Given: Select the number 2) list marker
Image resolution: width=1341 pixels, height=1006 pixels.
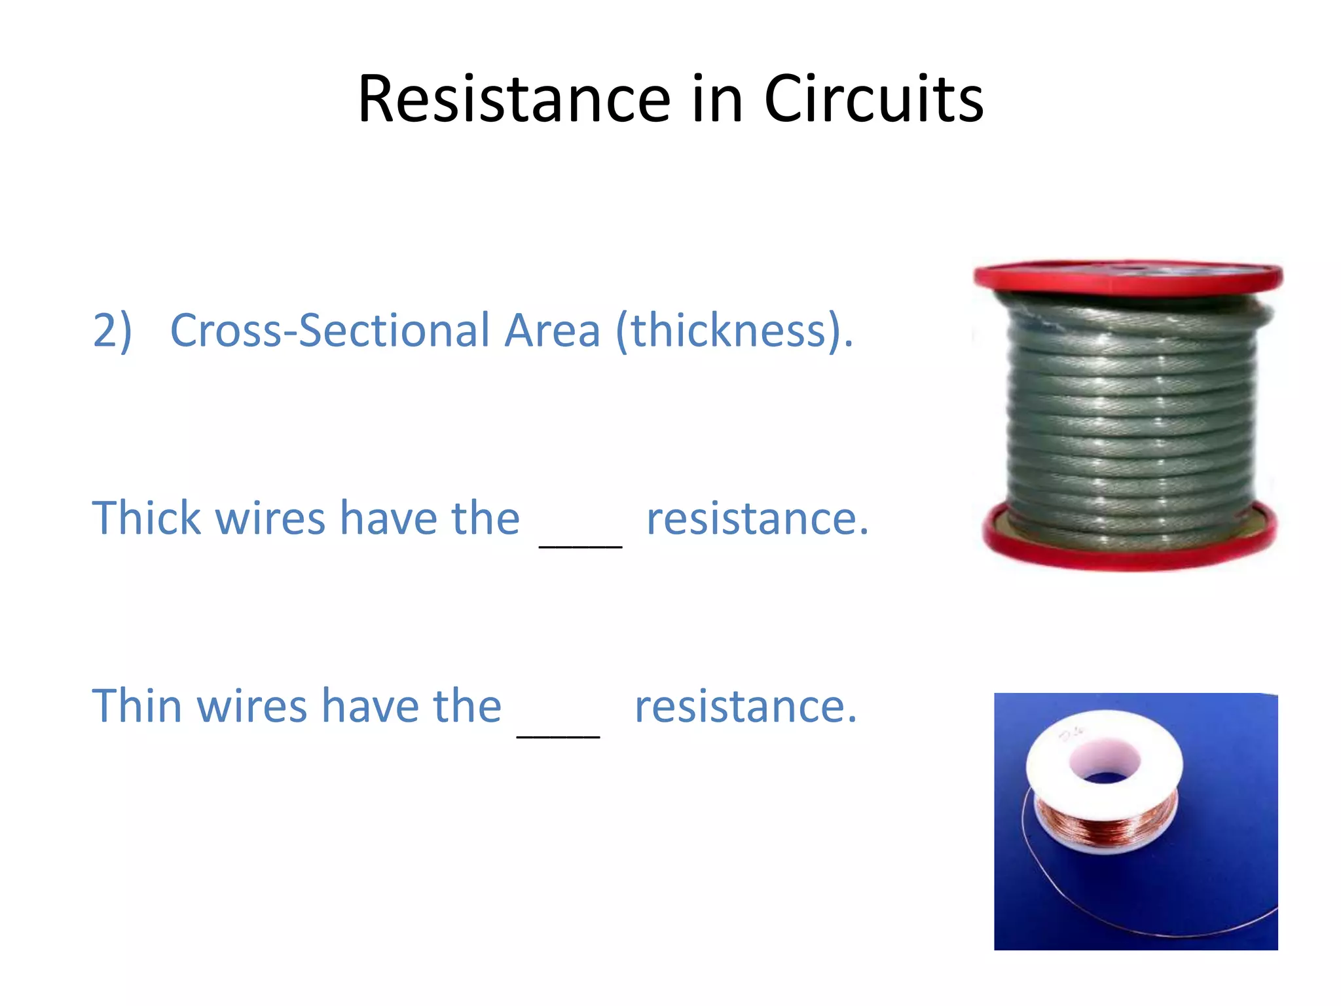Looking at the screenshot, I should tap(112, 331).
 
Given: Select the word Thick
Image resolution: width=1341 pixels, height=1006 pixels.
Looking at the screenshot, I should tap(146, 518).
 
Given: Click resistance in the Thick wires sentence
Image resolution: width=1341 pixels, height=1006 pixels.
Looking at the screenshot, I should tap(757, 519).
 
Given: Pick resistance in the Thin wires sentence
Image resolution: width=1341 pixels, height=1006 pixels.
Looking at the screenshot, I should tap(745, 707).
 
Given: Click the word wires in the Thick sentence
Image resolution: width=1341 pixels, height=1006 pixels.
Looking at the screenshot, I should tap(270, 518).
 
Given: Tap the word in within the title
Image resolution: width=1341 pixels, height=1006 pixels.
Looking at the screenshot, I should tap(716, 100).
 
